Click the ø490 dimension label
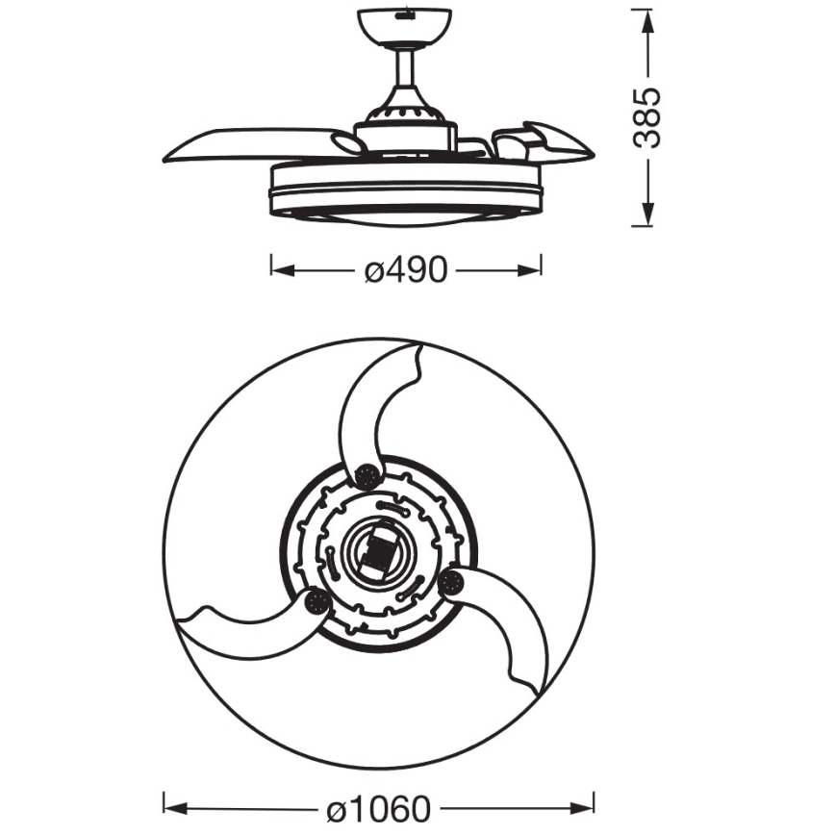click(405, 270)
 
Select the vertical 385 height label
click(647, 117)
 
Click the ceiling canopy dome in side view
click(404, 27)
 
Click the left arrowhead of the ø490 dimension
click(283, 270)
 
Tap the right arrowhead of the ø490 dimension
click(529, 270)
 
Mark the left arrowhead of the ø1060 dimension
click(176, 810)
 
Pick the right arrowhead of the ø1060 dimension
click(581, 810)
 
